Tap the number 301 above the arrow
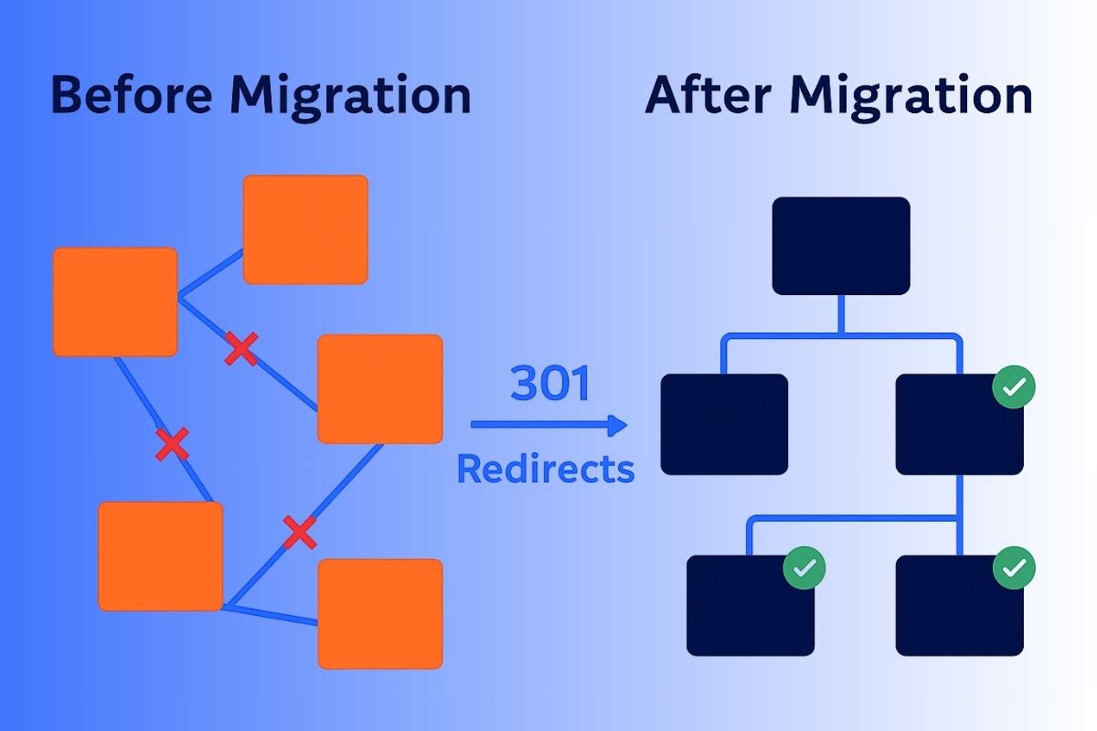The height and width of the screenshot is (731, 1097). [550, 384]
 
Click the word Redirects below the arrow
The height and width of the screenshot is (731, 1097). [545, 469]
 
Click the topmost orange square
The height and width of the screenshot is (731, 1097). [305, 229]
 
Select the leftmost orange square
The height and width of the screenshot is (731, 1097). [115, 302]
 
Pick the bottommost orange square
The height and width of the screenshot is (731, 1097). [380, 613]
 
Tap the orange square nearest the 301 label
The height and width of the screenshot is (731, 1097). [380, 388]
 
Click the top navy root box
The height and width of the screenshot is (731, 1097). [841, 246]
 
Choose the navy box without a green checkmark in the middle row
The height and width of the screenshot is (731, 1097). [724, 424]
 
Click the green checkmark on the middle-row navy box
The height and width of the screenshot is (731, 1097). [1014, 388]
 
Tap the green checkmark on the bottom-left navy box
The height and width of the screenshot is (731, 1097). [804, 568]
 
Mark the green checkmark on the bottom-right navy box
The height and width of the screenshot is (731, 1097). [1014, 568]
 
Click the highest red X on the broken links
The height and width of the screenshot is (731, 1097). [241, 349]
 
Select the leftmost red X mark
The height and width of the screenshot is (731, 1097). [172, 444]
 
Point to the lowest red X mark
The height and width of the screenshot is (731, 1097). [299, 532]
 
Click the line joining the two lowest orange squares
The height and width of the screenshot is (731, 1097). [272, 613]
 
